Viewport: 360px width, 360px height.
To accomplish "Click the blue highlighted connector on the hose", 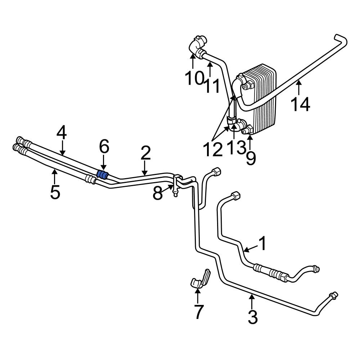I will click(103, 175).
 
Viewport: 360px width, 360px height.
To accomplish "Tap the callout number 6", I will click(104, 147).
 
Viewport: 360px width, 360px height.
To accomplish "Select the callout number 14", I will click(300, 104).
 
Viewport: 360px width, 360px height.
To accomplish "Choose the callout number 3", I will click(253, 317).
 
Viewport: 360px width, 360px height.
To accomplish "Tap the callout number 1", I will click(263, 244).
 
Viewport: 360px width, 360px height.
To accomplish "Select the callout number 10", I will click(194, 78).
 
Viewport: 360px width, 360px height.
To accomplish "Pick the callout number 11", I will click(212, 86).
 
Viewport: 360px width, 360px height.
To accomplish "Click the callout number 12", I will click(212, 150).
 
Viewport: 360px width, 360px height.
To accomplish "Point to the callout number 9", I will click(251, 158).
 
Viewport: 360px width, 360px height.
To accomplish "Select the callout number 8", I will click(158, 193).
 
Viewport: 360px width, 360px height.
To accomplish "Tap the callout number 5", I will click(55, 192).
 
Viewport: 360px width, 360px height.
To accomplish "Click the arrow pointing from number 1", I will click(250, 248).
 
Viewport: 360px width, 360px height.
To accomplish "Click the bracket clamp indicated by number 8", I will click(175, 184).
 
